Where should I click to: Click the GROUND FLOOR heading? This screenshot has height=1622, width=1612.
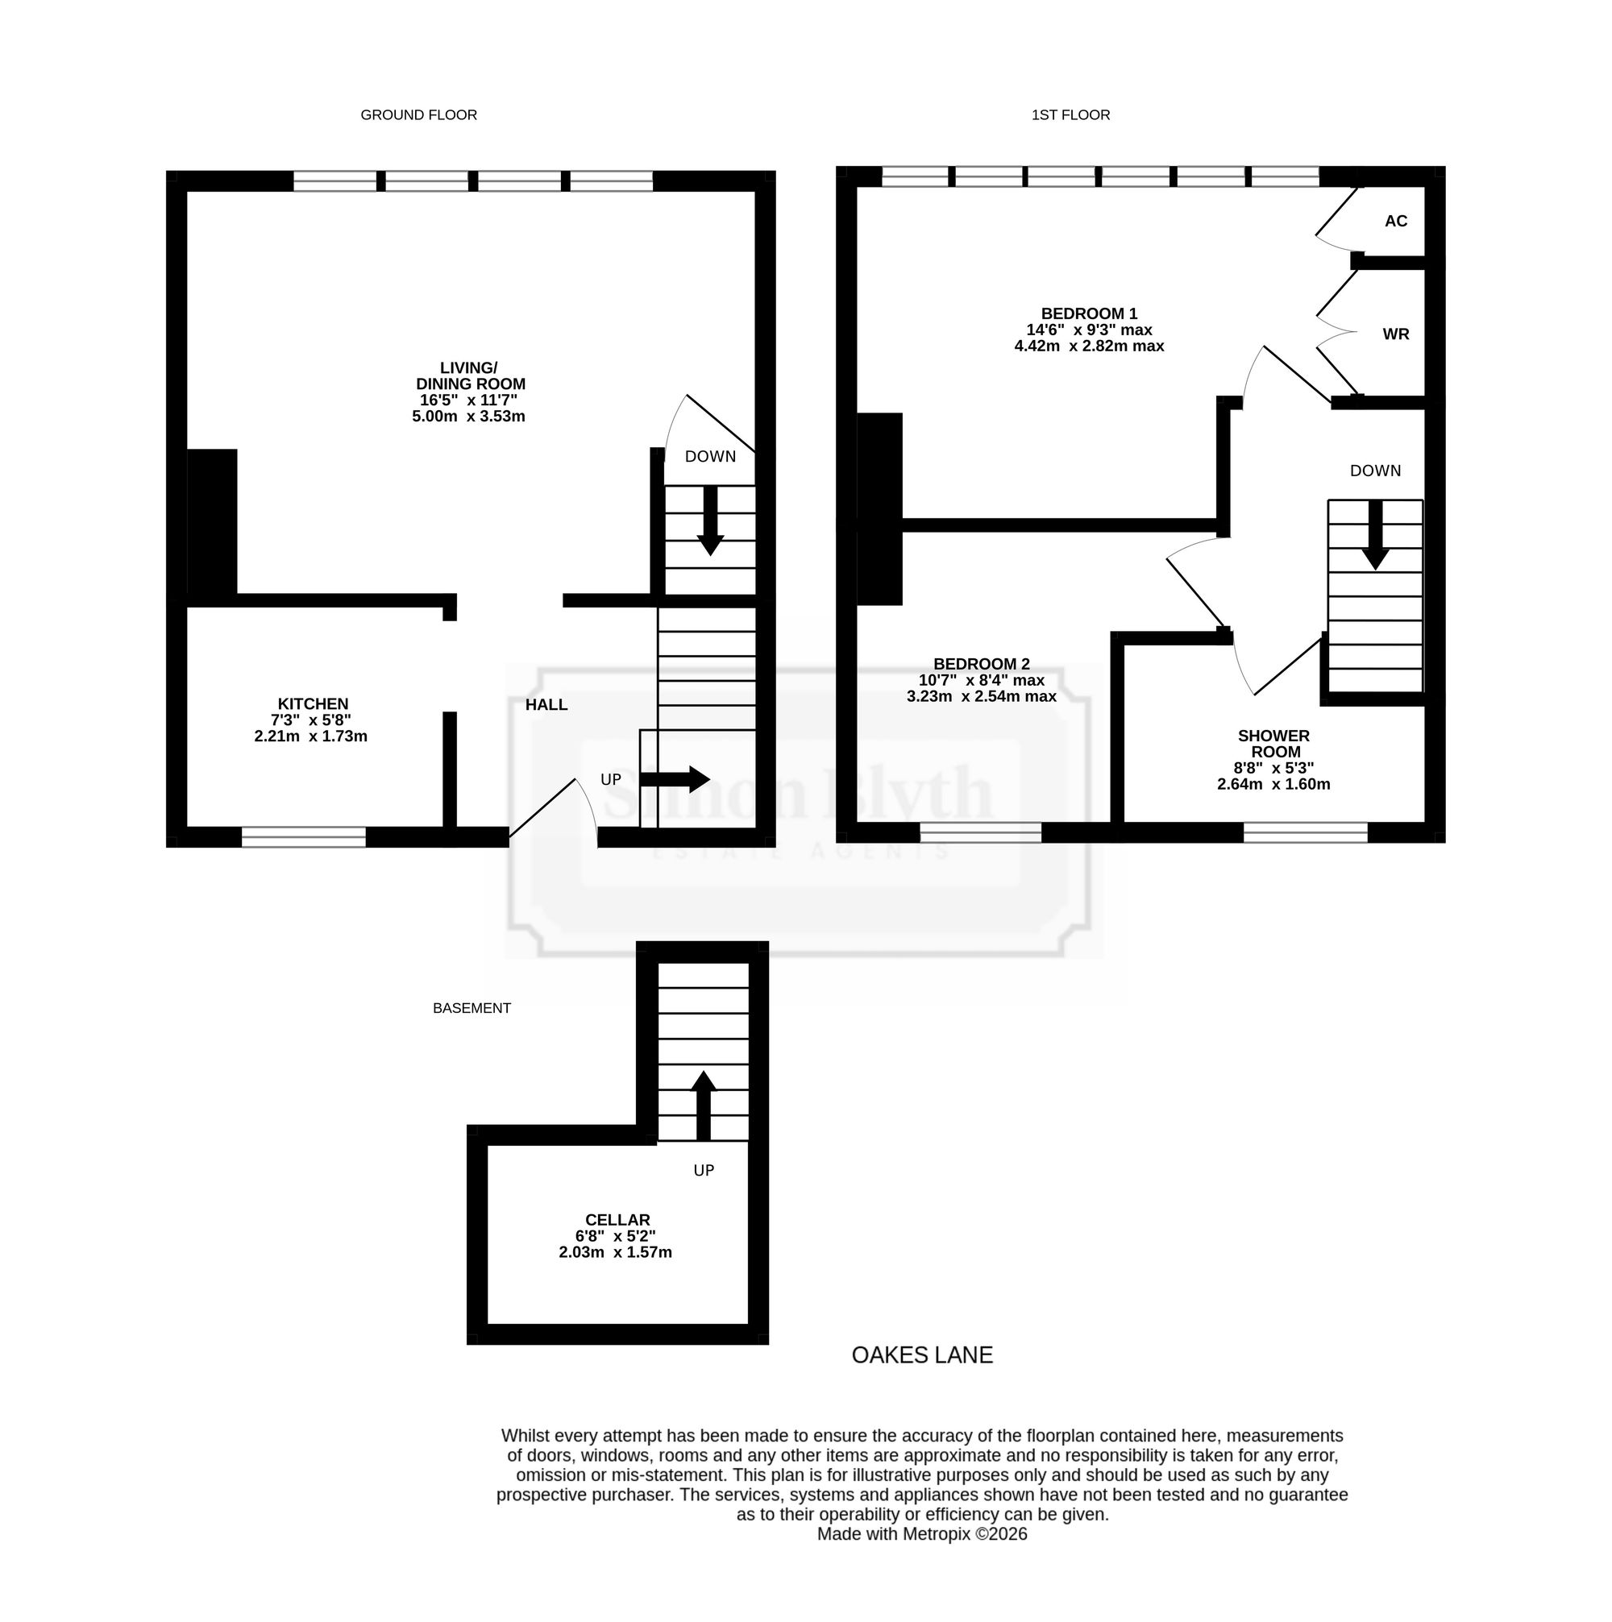[418, 115]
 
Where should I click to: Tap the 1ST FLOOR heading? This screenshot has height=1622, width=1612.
[1070, 115]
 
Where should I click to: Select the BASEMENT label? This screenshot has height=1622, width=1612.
[472, 1008]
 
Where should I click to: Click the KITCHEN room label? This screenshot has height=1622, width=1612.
[314, 703]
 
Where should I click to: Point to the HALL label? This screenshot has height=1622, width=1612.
[546, 704]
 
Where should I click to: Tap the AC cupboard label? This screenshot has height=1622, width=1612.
[1396, 221]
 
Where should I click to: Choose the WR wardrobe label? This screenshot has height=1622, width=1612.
[1396, 334]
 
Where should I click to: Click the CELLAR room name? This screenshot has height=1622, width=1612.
[618, 1220]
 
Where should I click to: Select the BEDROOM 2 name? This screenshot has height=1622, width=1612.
[982, 664]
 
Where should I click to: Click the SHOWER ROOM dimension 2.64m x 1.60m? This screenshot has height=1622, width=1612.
[1273, 784]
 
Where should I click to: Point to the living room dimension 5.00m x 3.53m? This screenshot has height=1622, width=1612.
[468, 417]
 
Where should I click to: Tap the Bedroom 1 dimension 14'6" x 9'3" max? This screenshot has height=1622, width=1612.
[1089, 330]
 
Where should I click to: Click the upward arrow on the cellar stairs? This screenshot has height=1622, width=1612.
[704, 1106]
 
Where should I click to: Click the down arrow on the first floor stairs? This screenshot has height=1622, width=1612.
[1375, 535]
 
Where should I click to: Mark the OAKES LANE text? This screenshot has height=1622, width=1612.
[922, 1355]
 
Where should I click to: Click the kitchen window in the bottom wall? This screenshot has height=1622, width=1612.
[304, 837]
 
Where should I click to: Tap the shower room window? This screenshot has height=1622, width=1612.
[1306, 832]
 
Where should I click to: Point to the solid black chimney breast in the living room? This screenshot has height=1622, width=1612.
[211, 525]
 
